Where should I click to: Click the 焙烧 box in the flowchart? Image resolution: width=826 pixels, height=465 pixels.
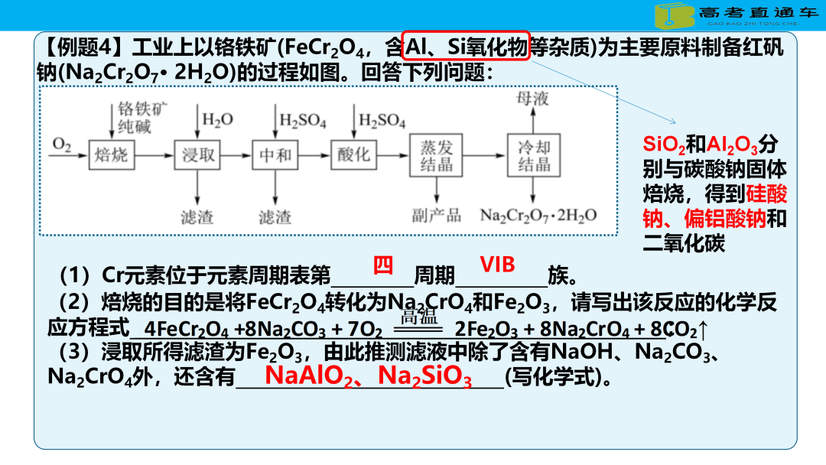click(x=111, y=155)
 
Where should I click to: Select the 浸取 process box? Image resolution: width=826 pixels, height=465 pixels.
click(x=198, y=155)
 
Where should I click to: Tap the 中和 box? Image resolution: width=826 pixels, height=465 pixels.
click(x=275, y=155)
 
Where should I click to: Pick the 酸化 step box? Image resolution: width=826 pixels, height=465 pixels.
click(x=353, y=154)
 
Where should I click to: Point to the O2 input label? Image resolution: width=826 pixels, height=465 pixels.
click(x=61, y=144)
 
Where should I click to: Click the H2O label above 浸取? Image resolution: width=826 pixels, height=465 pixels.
click(x=217, y=120)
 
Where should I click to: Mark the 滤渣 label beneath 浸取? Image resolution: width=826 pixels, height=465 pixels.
click(x=197, y=216)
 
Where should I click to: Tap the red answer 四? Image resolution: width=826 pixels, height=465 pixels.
click(x=383, y=265)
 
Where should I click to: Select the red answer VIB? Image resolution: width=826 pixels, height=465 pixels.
click(x=497, y=265)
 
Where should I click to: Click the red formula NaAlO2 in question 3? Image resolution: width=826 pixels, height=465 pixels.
click(x=310, y=376)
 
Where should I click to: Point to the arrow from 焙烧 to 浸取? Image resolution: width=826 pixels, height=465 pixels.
click(x=153, y=155)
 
